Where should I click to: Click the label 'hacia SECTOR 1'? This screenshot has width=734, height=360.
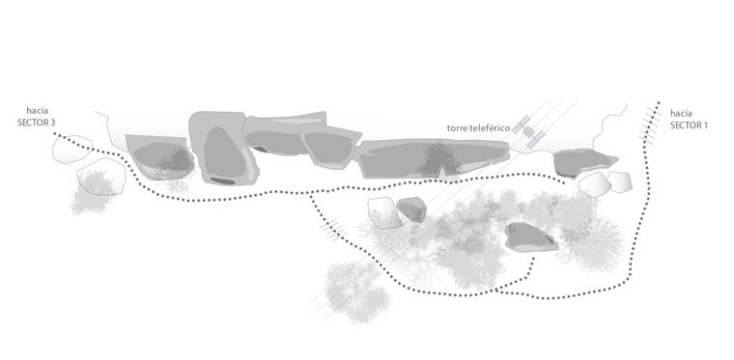point(689,120)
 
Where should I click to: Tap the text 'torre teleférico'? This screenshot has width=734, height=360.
point(478,128)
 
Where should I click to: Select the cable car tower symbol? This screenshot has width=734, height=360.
point(528,132)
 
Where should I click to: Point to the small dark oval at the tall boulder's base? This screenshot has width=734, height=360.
point(222,180)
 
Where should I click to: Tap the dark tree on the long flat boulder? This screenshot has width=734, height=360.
point(438,159)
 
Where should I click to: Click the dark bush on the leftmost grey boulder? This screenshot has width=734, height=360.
point(176,158)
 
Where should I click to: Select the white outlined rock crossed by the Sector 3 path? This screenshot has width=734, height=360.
point(71,150)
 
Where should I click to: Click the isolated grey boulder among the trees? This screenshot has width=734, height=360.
point(531,237)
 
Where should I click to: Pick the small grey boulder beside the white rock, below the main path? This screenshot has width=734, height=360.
point(411,209)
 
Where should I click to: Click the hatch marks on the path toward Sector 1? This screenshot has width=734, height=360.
point(648,123)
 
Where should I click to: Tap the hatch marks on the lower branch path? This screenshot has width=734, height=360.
point(333,229)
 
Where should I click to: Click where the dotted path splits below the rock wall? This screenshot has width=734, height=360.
point(310,194)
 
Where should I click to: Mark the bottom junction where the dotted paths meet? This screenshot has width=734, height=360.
point(496,291)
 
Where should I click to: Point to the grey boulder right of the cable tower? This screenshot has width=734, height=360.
point(585,162)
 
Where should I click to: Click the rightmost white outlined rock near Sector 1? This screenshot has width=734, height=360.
point(620,181)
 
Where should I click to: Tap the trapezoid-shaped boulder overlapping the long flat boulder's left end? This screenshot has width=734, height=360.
point(329,146)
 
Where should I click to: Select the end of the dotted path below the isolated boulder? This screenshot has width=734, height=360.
point(534,258)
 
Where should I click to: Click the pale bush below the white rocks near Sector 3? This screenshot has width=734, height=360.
point(92,193)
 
